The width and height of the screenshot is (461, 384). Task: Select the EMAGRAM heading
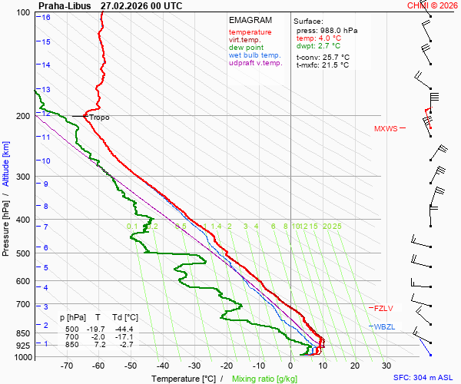click(x=250, y=20)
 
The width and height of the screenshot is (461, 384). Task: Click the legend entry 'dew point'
click(x=246, y=48)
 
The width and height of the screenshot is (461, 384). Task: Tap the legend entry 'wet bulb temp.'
click(x=255, y=55)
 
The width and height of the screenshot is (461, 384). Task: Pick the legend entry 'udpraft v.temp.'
click(x=256, y=63)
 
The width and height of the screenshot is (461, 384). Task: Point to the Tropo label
click(x=99, y=118)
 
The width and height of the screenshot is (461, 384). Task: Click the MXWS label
click(x=386, y=128)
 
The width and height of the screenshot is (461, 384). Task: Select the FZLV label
click(x=383, y=308)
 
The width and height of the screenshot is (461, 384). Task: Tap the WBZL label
click(x=384, y=327)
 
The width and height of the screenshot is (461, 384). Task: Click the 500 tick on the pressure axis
click(x=24, y=253)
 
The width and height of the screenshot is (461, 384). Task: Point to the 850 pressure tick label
click(x=24, y=333)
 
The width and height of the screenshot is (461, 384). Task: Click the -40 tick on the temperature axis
click(x=162, y=366)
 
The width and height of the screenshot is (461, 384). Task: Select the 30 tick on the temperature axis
click(x=386, y=366)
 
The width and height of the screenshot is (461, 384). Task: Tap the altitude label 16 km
click(x=46, y=17)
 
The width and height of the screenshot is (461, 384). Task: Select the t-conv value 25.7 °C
click(x=335, y=57)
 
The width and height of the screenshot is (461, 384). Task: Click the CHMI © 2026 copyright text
click(x=433, y=5)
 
